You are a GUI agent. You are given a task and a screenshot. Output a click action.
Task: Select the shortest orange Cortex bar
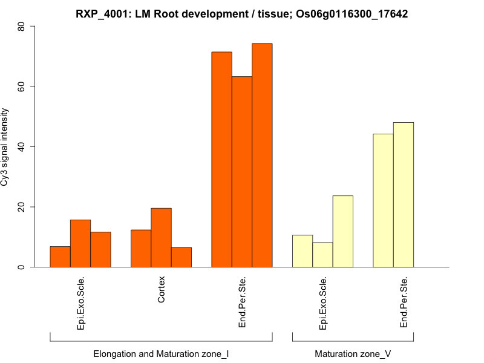[181, 257]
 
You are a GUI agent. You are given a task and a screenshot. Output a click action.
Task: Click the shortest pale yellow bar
[322, 255]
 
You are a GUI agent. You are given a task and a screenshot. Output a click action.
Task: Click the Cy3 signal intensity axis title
[7, 146]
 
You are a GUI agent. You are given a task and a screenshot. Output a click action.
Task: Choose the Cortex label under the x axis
[162, 290]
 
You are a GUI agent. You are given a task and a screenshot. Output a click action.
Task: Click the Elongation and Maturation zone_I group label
[161, 353]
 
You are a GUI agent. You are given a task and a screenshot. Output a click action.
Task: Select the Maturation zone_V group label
[353, 353]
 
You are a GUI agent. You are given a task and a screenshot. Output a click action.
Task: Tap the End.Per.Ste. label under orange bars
[242, 302]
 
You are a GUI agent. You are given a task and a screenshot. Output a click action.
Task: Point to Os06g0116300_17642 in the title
[352, 13]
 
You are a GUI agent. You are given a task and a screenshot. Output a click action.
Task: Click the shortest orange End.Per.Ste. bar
[242, 172]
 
